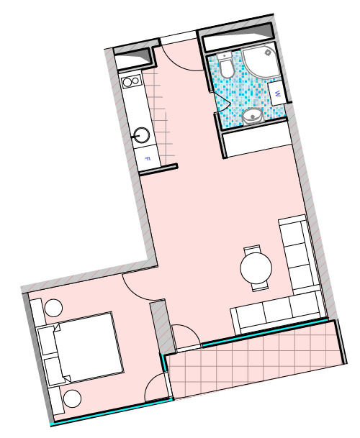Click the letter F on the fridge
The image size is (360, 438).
[x=148, y=159]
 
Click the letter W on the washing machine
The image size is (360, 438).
[x=277, y=93]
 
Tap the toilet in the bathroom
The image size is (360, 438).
[x=225, y=65]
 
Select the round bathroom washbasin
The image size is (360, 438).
[x=253, y=117]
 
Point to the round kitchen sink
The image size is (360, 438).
[x=141, y=135]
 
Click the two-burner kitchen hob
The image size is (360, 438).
[x=132, y=81]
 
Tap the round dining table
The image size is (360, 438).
[x=256, y=268]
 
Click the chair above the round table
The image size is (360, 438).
[x=252, y=249]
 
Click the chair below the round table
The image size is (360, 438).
[x=260, y=287]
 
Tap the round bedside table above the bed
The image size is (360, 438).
[x=53, y=308]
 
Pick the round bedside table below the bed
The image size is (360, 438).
[x=72, y=398]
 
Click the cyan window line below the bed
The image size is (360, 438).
[x=112, y=413]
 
